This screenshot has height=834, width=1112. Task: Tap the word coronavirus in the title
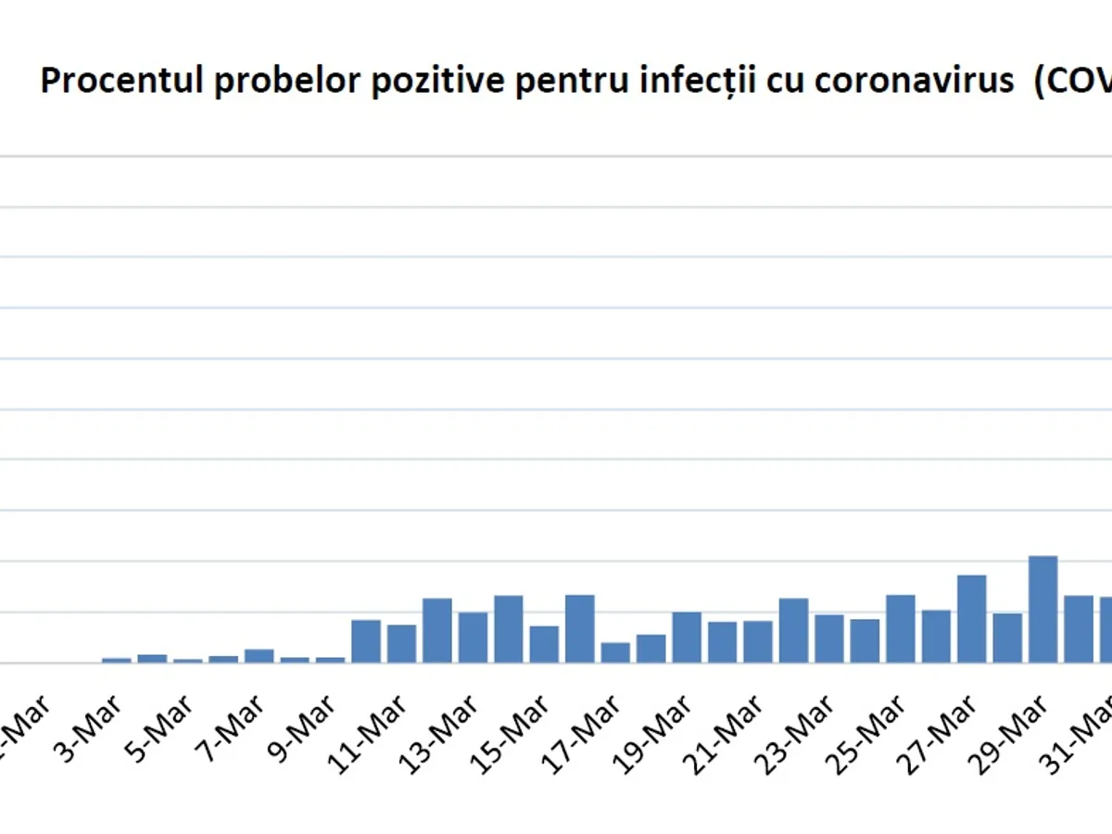click(x=914, y=82)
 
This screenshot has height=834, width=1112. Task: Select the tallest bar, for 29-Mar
click(x=1042, y=609)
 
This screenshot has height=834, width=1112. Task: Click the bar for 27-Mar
click(x=971, y=618)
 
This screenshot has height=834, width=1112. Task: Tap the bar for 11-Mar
click(x=366, y=640)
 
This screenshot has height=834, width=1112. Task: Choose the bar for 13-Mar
click(x=437, y=630)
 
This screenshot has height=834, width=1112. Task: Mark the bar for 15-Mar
click(x=509, y=628)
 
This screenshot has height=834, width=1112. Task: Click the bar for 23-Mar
click(x=793, y=630)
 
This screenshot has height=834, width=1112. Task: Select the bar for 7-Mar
click(x=259, y=655)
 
